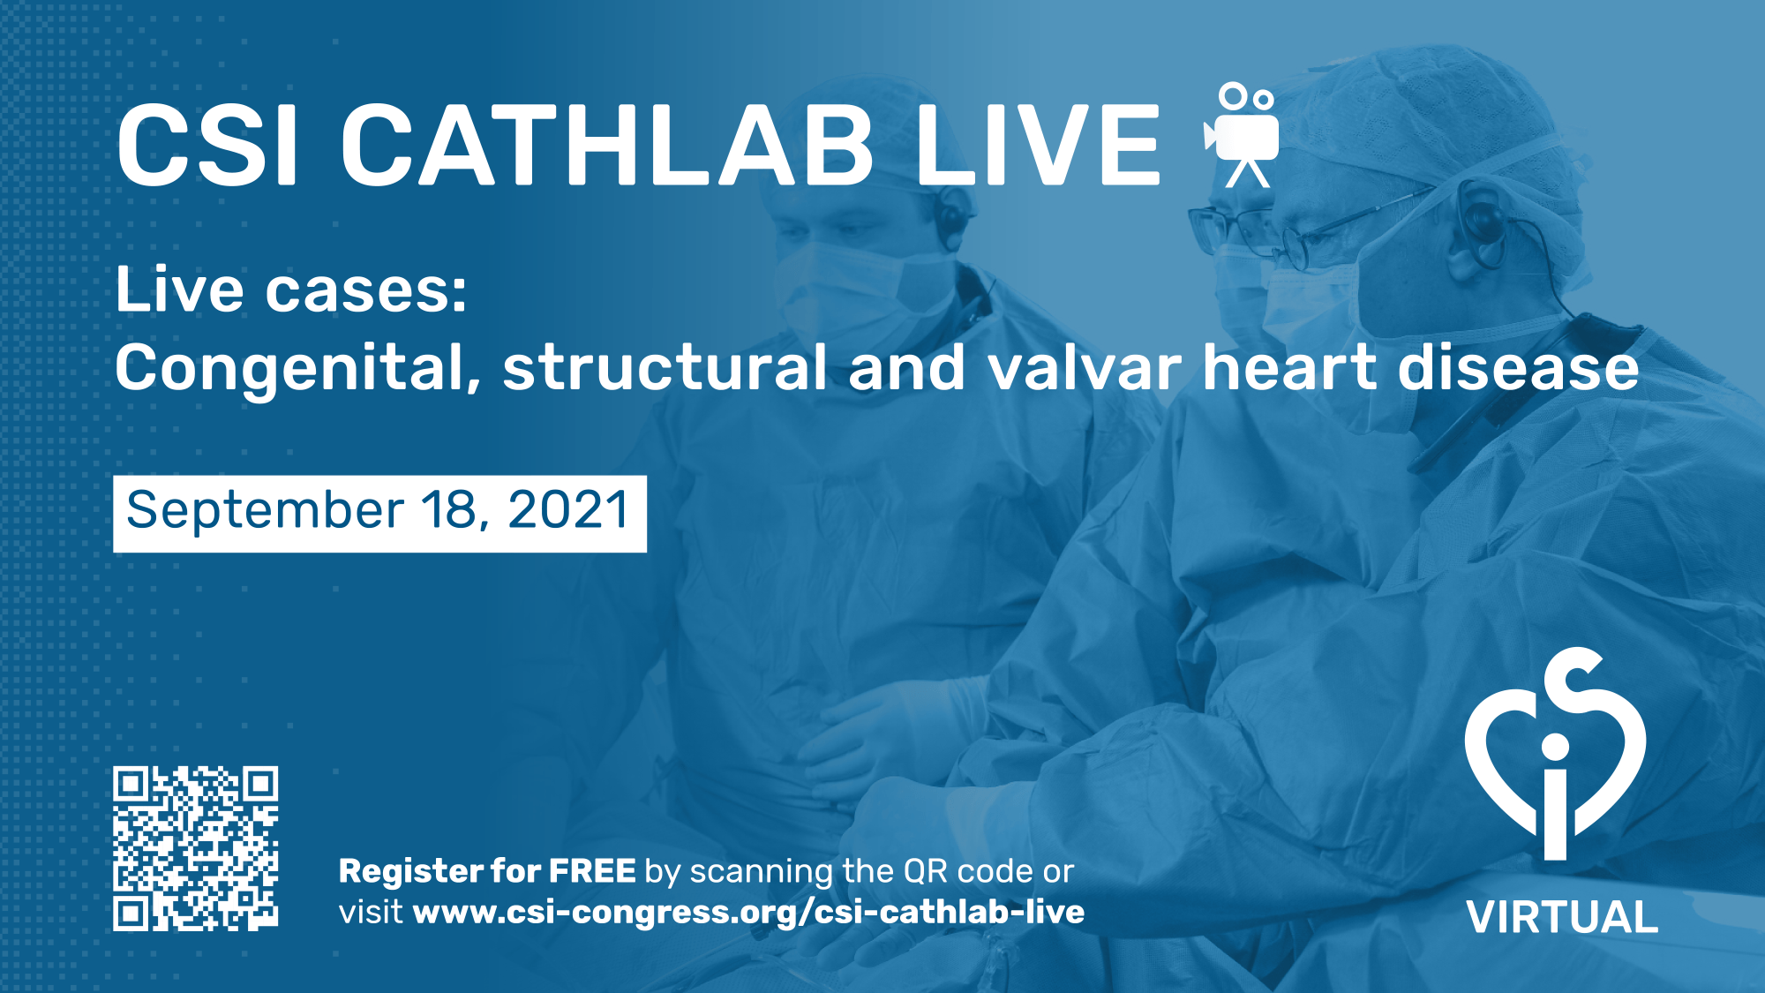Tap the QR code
tap(196, 848)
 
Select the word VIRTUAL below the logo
tap(1562, 917)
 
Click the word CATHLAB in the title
tap(607, 144)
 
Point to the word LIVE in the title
tap(1038, 144)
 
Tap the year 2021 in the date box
tap(568, 510)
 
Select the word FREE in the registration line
tap(592, 871)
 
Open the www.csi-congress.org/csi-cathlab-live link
tap(748, 913)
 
